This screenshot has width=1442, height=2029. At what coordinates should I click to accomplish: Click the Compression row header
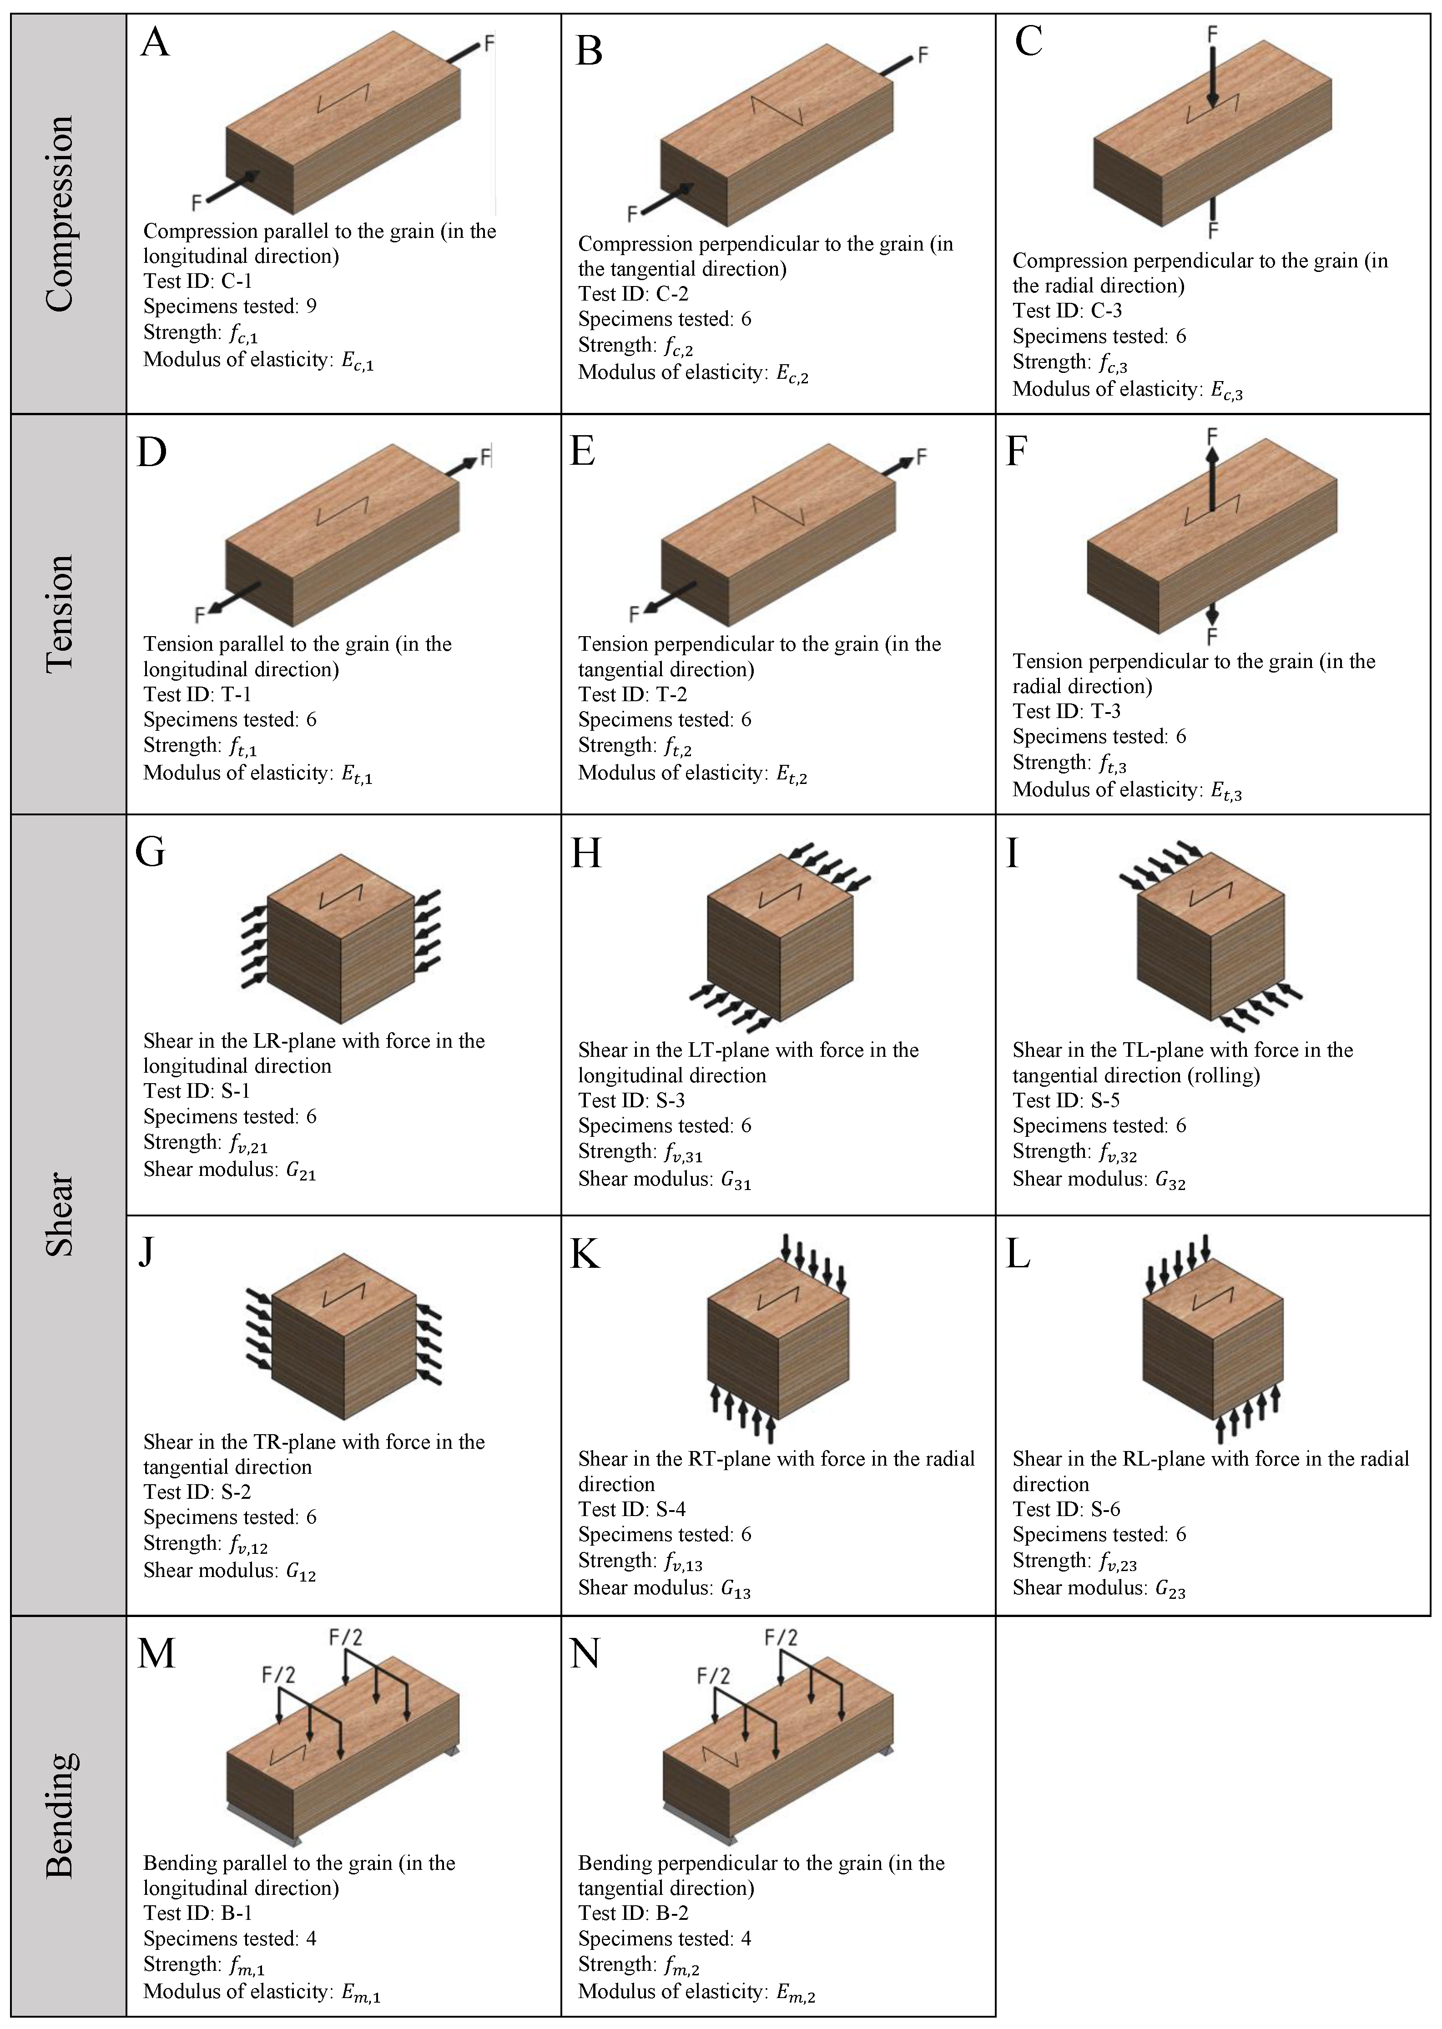(x=61, y=213)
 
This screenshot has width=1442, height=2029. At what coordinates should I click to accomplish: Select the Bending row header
(x=61, y=1815)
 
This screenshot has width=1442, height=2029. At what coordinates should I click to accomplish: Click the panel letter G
(x=150, y=852)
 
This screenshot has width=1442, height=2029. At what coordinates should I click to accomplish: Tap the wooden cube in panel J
(x=343, y=1336)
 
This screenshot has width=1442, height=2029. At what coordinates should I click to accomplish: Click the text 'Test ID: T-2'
(x=632, y=694)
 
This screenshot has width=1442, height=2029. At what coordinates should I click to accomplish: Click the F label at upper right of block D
(x=486, y=457)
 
